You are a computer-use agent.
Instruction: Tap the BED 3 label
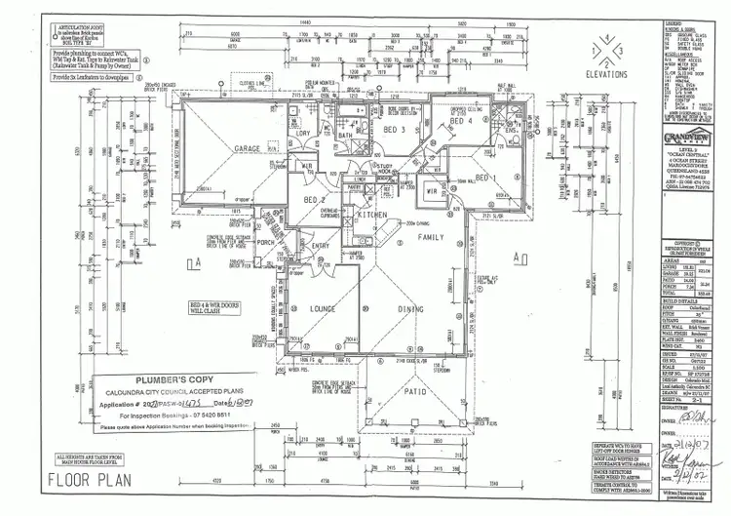393,129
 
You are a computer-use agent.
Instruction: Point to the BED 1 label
486,178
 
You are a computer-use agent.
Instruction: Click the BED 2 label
314,199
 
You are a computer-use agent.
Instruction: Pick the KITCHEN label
372,214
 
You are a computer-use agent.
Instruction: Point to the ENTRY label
322,247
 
